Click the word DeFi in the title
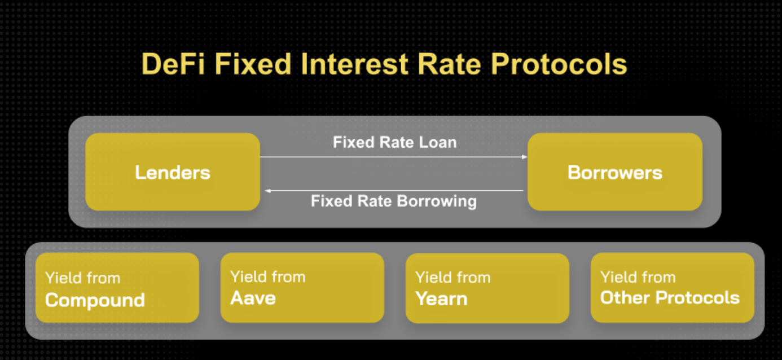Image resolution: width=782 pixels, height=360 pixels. [x=173, y=64]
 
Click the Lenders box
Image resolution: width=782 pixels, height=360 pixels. [x=173, y=172]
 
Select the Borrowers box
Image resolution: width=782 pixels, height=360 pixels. [x=615, y=172]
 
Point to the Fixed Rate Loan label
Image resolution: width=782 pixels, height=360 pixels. [x=394, y=142]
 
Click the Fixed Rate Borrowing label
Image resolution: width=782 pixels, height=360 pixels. [x=394, y=201]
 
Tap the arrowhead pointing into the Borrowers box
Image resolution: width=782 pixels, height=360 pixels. [x=524, y=157]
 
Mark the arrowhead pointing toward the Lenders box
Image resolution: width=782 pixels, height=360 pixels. [x=268, y=191]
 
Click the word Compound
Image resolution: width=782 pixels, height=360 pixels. [x=95, y=300]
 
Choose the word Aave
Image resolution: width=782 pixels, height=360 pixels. [x=253, y=298]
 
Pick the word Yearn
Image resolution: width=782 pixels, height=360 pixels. [x=441, y=299]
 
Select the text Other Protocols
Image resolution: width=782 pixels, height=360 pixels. [x=670, y=298]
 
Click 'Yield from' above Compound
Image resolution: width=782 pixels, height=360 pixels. [x=83, y=278]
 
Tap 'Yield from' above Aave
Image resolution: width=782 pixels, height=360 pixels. [x=268, y=277]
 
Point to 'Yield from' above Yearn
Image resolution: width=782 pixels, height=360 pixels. [x=453, y=278]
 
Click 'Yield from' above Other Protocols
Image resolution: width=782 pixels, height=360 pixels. [x=638, y=277]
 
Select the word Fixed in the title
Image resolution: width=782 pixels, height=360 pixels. [x=252, y=64]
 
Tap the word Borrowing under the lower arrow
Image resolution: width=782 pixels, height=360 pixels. [x=437, y=201]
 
